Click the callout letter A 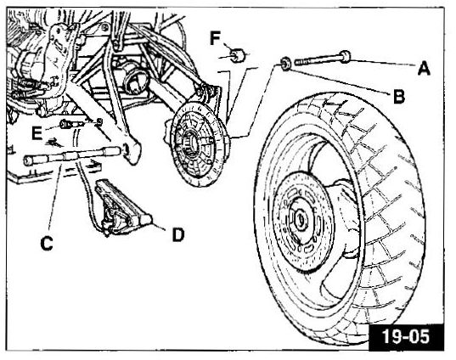point(424,68)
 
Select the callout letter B point(399,96)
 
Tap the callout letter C point(47,243)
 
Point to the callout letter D point(178,234)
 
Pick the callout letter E point(37,133)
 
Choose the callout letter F point(215,38)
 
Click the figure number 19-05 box point(406,336)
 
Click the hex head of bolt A point(345,57)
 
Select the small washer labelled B point(285,64)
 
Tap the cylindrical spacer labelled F point(239,55)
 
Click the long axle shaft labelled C point(72,155)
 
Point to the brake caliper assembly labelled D point(122,207)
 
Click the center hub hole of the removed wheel point(300,220)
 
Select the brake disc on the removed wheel point(302,222)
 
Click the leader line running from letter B point(340,82)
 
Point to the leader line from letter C point(55,197)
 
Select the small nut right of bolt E point(99,121)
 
